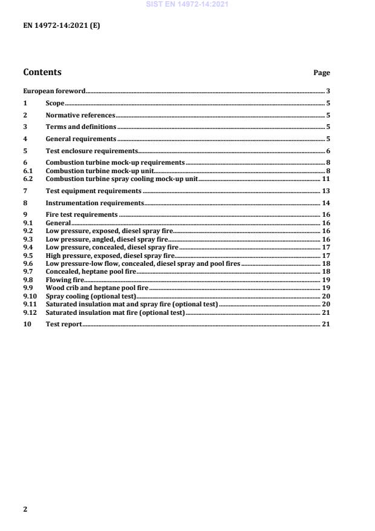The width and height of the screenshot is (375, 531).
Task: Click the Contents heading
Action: tap(42, 72)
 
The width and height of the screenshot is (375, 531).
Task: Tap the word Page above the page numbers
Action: tap(321, 73)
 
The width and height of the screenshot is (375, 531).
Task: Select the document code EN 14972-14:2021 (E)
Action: tap(61, 27)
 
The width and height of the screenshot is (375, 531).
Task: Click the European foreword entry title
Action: tap(54, 91)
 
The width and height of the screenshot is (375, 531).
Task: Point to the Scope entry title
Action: tap(55, 104)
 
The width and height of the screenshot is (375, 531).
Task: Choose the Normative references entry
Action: tap(80, 115)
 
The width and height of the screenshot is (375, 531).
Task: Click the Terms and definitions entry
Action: tap(81, 127)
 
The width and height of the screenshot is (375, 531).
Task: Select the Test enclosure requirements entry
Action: tap(92, 151)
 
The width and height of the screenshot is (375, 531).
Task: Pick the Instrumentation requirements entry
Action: tap(95, 203)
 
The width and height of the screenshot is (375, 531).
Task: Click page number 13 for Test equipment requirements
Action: tap(325, 191)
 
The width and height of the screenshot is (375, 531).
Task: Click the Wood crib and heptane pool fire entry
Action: tap(97, 288)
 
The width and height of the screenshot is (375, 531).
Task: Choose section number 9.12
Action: tap(30, 312)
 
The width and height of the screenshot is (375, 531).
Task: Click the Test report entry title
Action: tap(64, 325)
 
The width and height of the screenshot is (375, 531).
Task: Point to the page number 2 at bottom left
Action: tap(25, 509)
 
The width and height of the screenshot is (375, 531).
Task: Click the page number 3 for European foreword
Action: tap(327, 91)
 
